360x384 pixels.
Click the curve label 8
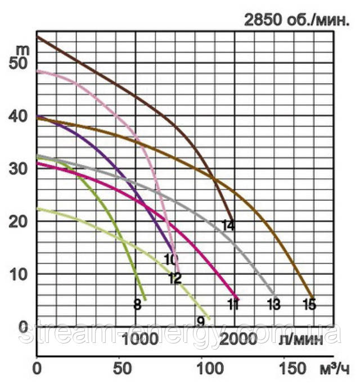point(137,305)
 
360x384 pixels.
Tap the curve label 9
point(200,322)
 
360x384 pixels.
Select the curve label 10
point(171,260)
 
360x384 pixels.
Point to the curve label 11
point(233,305)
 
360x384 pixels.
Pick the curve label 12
point(174,278)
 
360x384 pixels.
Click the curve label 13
point(273,305)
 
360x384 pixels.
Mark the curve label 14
point(228,226)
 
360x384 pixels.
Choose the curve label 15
point(309,305)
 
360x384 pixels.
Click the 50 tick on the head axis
point(19,63)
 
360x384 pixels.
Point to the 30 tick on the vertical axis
point(19,169)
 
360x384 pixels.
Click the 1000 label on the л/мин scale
point(138,338)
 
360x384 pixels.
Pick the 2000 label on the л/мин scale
point(238,338)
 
